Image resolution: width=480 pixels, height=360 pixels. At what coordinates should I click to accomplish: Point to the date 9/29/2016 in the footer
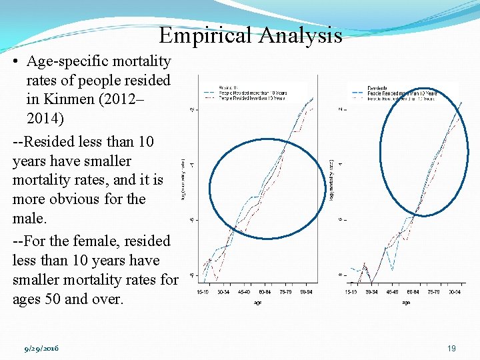[41, 349]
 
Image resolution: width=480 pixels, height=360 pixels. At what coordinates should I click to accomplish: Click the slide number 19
[453, 349]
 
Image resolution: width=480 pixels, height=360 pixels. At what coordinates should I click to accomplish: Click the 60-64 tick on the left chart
[265, 291]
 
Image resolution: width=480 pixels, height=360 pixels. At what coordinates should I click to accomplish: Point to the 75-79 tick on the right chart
[433, 291]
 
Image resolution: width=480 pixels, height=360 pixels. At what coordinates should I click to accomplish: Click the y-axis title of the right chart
[331, 180]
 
